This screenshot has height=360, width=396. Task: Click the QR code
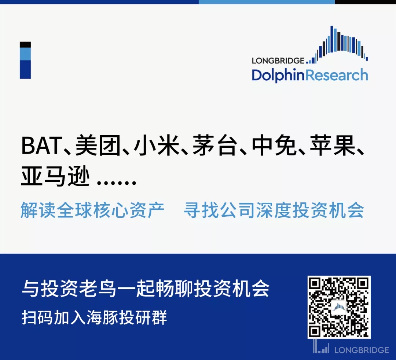339,307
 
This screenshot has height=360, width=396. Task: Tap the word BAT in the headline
42,146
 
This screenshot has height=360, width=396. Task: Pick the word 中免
274,146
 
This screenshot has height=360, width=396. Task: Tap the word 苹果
333,146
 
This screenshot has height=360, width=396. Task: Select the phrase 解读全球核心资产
92,210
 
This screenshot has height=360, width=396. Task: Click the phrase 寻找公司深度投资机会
274,210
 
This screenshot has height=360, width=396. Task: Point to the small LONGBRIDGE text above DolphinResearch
278,60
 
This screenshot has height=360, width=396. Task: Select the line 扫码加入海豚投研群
94,317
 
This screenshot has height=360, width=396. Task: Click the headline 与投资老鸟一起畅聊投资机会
146,289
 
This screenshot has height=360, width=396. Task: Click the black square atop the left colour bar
25,45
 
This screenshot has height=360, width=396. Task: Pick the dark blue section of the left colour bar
25,69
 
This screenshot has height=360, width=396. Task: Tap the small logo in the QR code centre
339,307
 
